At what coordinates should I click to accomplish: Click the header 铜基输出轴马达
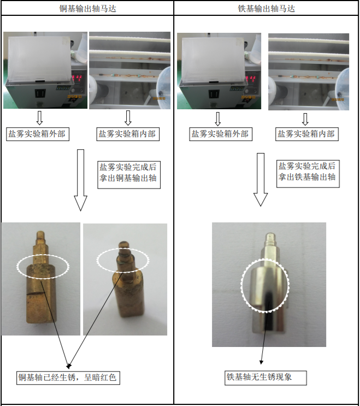(88, 9)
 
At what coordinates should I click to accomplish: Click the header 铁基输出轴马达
(266, 9)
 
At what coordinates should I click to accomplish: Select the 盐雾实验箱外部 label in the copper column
(38, 134)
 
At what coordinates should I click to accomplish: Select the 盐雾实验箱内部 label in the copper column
(128, 134)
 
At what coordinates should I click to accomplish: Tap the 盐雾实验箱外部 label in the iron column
(221, 134)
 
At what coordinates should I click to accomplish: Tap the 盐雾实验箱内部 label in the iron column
(306, 134)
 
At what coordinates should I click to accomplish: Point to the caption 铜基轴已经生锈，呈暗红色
(68, 378)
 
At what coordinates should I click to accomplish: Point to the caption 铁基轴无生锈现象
(265, 378)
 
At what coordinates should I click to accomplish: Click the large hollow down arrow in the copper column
(80, 180)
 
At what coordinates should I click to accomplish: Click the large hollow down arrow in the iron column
(261, 179)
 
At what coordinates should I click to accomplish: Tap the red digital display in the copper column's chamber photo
(77, 78)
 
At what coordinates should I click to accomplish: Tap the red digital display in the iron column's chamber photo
(251, 79)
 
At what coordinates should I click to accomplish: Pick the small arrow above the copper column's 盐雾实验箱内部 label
(128, 118)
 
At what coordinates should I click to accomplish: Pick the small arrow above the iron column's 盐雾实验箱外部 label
(218, 119)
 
